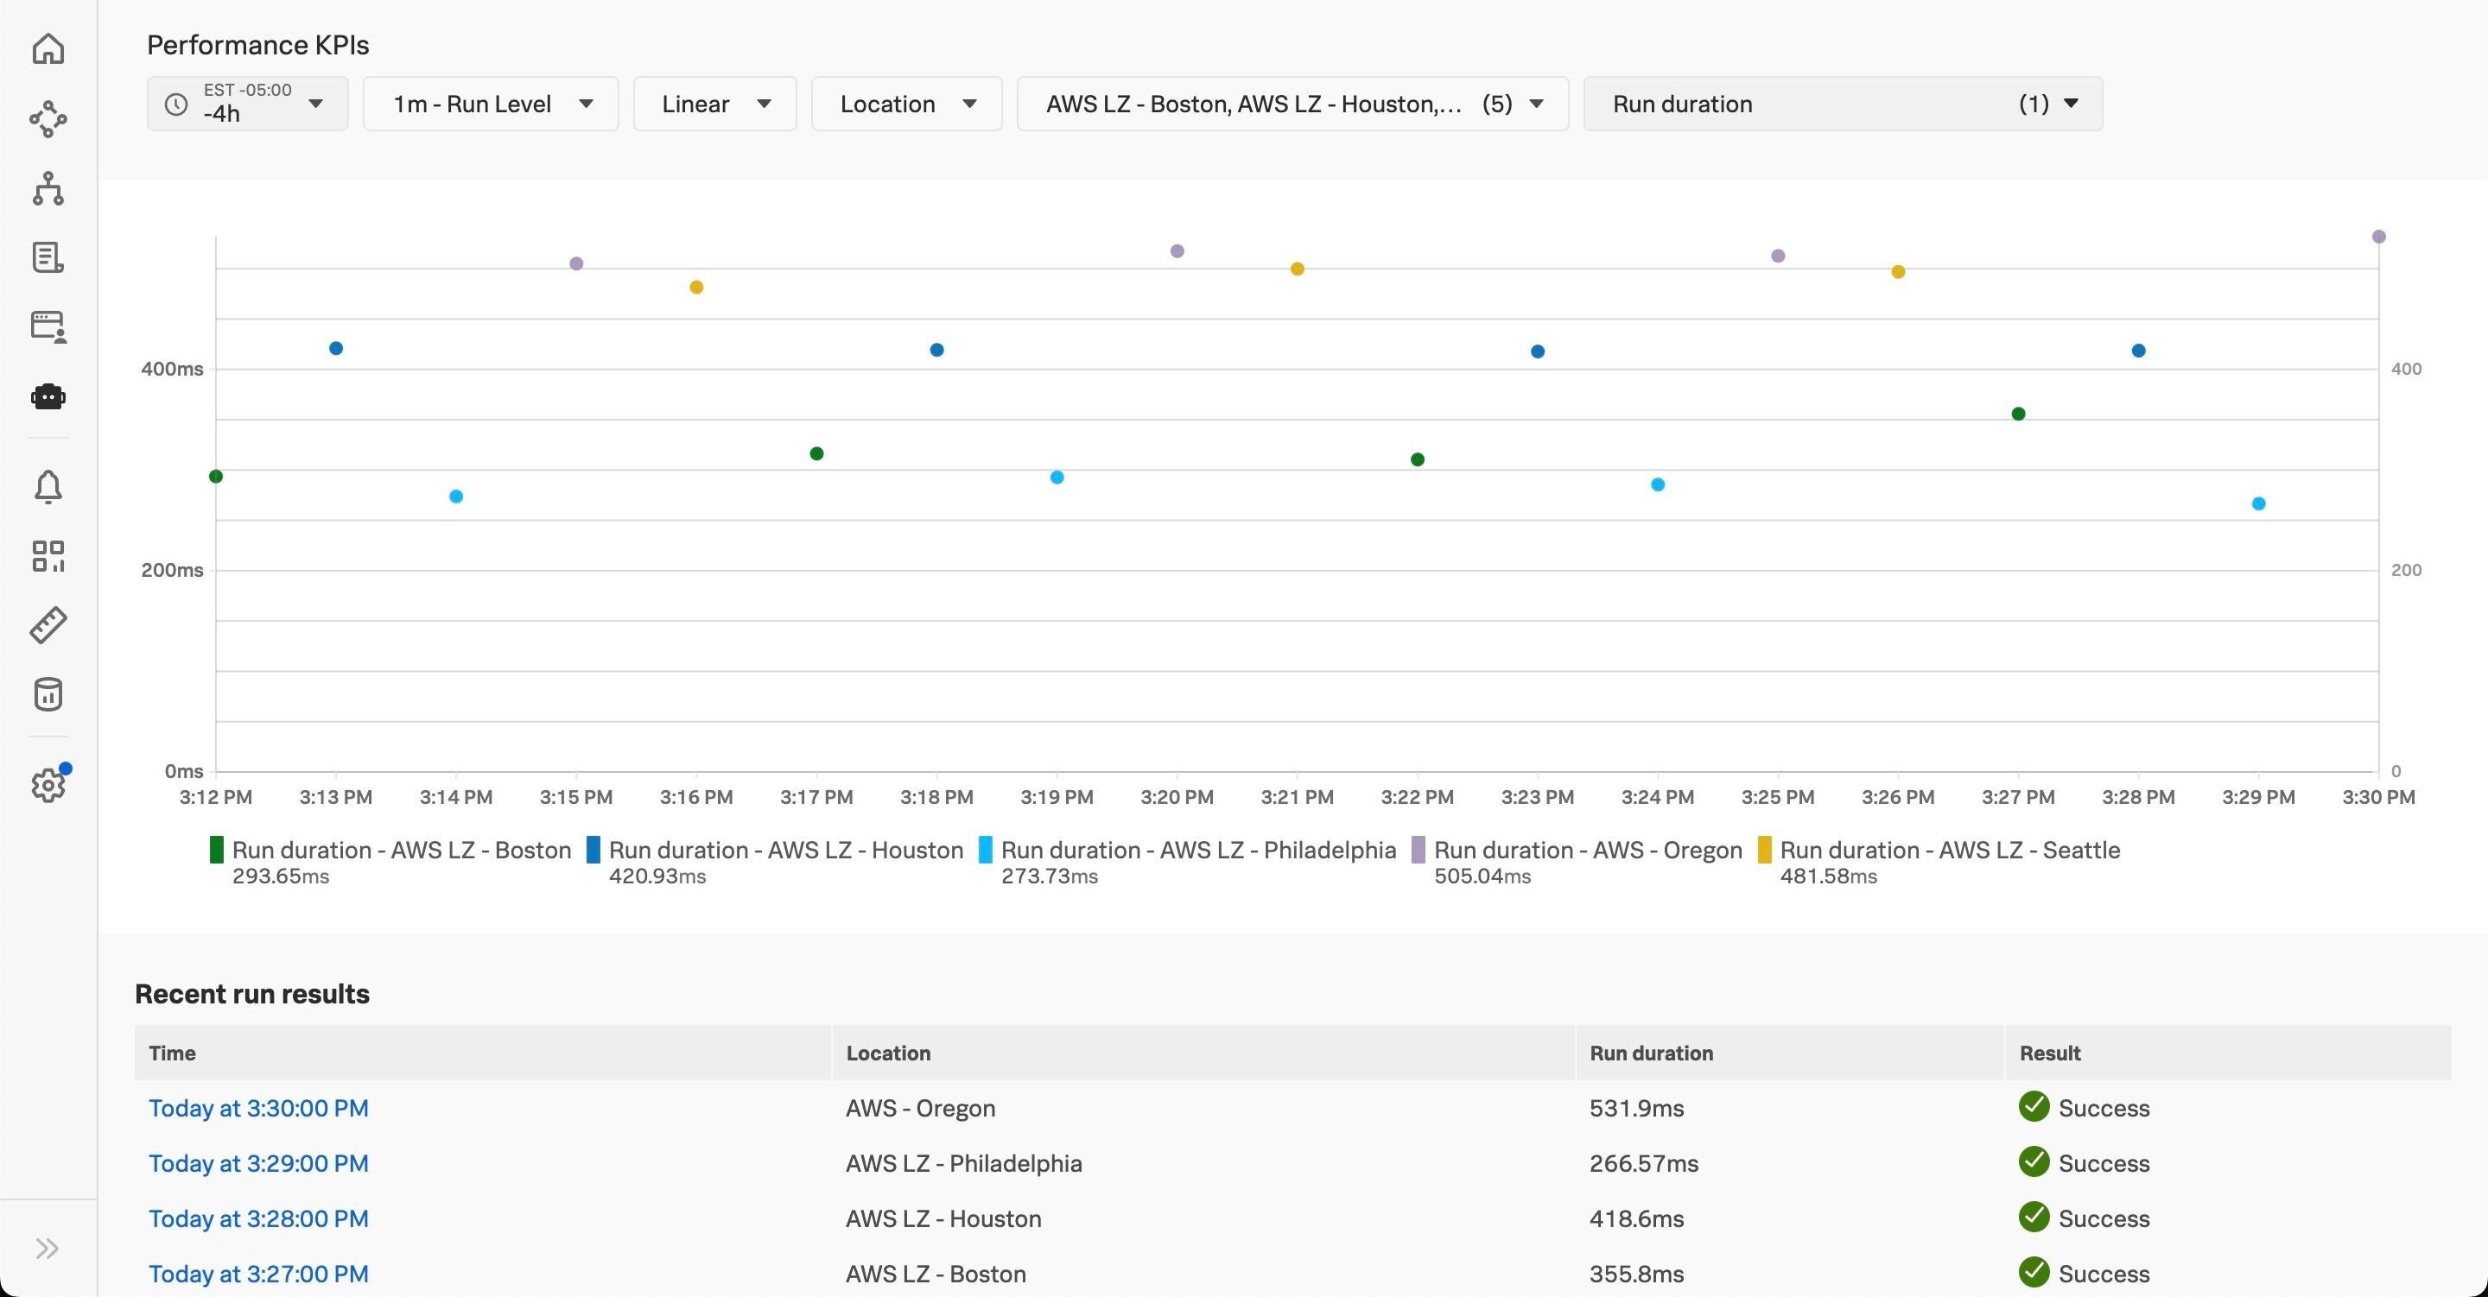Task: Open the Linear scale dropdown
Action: pos(714,104)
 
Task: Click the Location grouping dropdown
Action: pos(906,104)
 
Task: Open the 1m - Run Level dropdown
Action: pos(491,104)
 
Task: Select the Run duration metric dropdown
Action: pos(1842,104)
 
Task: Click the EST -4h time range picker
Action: pos(247,104)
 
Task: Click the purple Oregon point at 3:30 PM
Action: pos(2378,237)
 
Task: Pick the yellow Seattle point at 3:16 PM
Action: pos(696,287)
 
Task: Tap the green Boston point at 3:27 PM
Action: pos(2018,414)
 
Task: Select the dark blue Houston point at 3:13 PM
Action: pos(336,349)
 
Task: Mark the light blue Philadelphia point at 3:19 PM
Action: pos(1057,477)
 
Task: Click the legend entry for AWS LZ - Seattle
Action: pos(1949,851)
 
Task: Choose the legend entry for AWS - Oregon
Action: pos(1587,851)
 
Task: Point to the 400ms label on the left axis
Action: pos(172,369)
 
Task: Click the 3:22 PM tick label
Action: pos(1417,798)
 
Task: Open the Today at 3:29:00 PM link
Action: pos(258,1163)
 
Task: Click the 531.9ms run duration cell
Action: pos(1636,1108)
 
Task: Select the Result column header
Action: pos(2049,1053)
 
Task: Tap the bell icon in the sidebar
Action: pos(48,487)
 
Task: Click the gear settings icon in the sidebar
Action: pos(48,785)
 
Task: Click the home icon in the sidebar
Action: pos(48,49)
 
